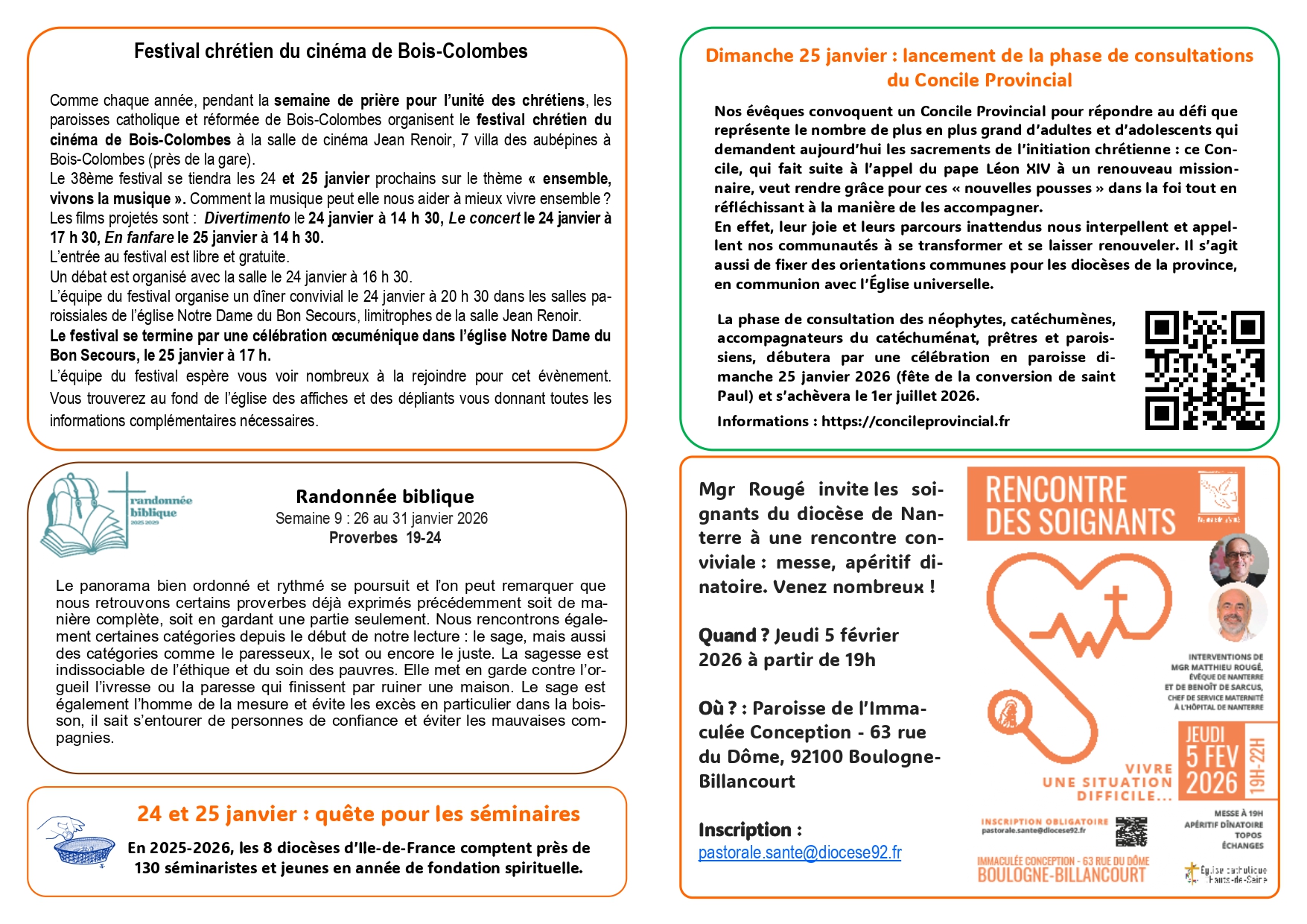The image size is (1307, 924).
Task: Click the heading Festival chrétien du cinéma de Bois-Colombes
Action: (x=331, y=51)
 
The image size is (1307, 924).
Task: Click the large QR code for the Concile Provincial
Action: (x=1204, y=370)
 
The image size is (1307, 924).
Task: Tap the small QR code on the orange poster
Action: (x=1130, y=832)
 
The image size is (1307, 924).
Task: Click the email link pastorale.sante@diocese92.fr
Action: (x=799, y=852)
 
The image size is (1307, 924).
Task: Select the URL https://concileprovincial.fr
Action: (x=915, y=422)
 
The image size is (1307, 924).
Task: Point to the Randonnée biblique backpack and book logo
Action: (x=82, y=514)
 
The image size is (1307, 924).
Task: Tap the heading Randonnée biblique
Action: (x=384, y=496)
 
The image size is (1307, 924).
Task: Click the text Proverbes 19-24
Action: (x=384, y=538)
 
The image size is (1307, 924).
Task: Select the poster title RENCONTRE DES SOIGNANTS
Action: (x=1080, y=506)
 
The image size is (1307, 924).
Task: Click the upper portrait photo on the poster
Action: (x=1238, y=560)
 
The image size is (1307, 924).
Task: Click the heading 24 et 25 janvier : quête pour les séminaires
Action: (x=358, y=814)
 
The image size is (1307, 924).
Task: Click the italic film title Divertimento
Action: (x=247, y=218)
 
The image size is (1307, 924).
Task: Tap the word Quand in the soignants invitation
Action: (x=727, y=636)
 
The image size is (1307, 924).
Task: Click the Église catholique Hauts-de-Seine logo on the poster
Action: (x=1225, y=874)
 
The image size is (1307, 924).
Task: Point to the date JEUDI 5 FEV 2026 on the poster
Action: (x=1211, y=761)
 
